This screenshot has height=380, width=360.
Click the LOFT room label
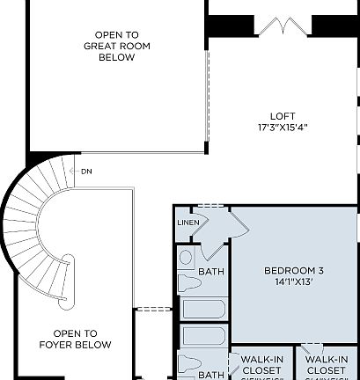coord(283,115)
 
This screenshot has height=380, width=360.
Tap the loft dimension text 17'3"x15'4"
coord(283,127)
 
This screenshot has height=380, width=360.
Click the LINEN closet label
coord(188,223)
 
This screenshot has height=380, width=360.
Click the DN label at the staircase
coord(86,171)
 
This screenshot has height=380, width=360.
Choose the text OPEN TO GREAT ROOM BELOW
coord(110,46)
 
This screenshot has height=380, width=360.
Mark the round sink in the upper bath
coord(186,259)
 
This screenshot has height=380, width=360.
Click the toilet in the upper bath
coord(187,282)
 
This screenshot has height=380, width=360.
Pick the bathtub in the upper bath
coord(203,310)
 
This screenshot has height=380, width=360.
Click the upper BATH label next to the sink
coord(211,272)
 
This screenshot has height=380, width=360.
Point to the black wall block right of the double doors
coord(335,26)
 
